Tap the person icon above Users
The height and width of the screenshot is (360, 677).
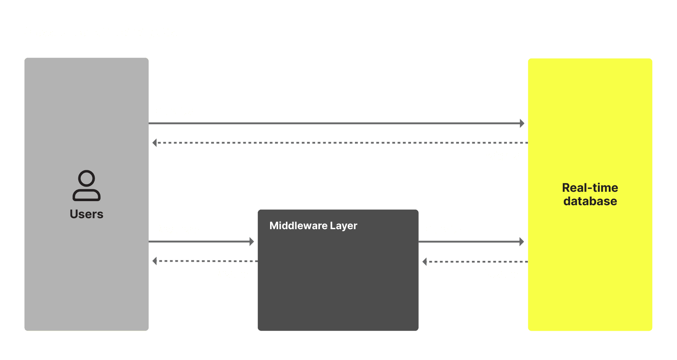coord(87,185)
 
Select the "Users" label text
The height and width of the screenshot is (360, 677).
coord(87,214)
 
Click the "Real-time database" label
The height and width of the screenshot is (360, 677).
coord(590,194)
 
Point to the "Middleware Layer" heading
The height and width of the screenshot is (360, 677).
coord(313,226)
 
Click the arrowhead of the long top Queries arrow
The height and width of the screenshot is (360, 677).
coord(522,123)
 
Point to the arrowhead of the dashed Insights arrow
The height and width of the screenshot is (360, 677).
coord(155,143)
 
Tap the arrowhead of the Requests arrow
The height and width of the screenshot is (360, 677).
coord(252,242)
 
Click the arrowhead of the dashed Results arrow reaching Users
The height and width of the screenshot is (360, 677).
coord(155,261)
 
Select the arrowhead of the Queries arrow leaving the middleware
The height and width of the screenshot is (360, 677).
coord(522,242)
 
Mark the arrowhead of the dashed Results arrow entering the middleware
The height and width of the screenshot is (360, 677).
coord(424,262)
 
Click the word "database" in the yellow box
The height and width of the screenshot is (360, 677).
coord(590,201)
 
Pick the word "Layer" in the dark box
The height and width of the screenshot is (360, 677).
coord(344,226)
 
